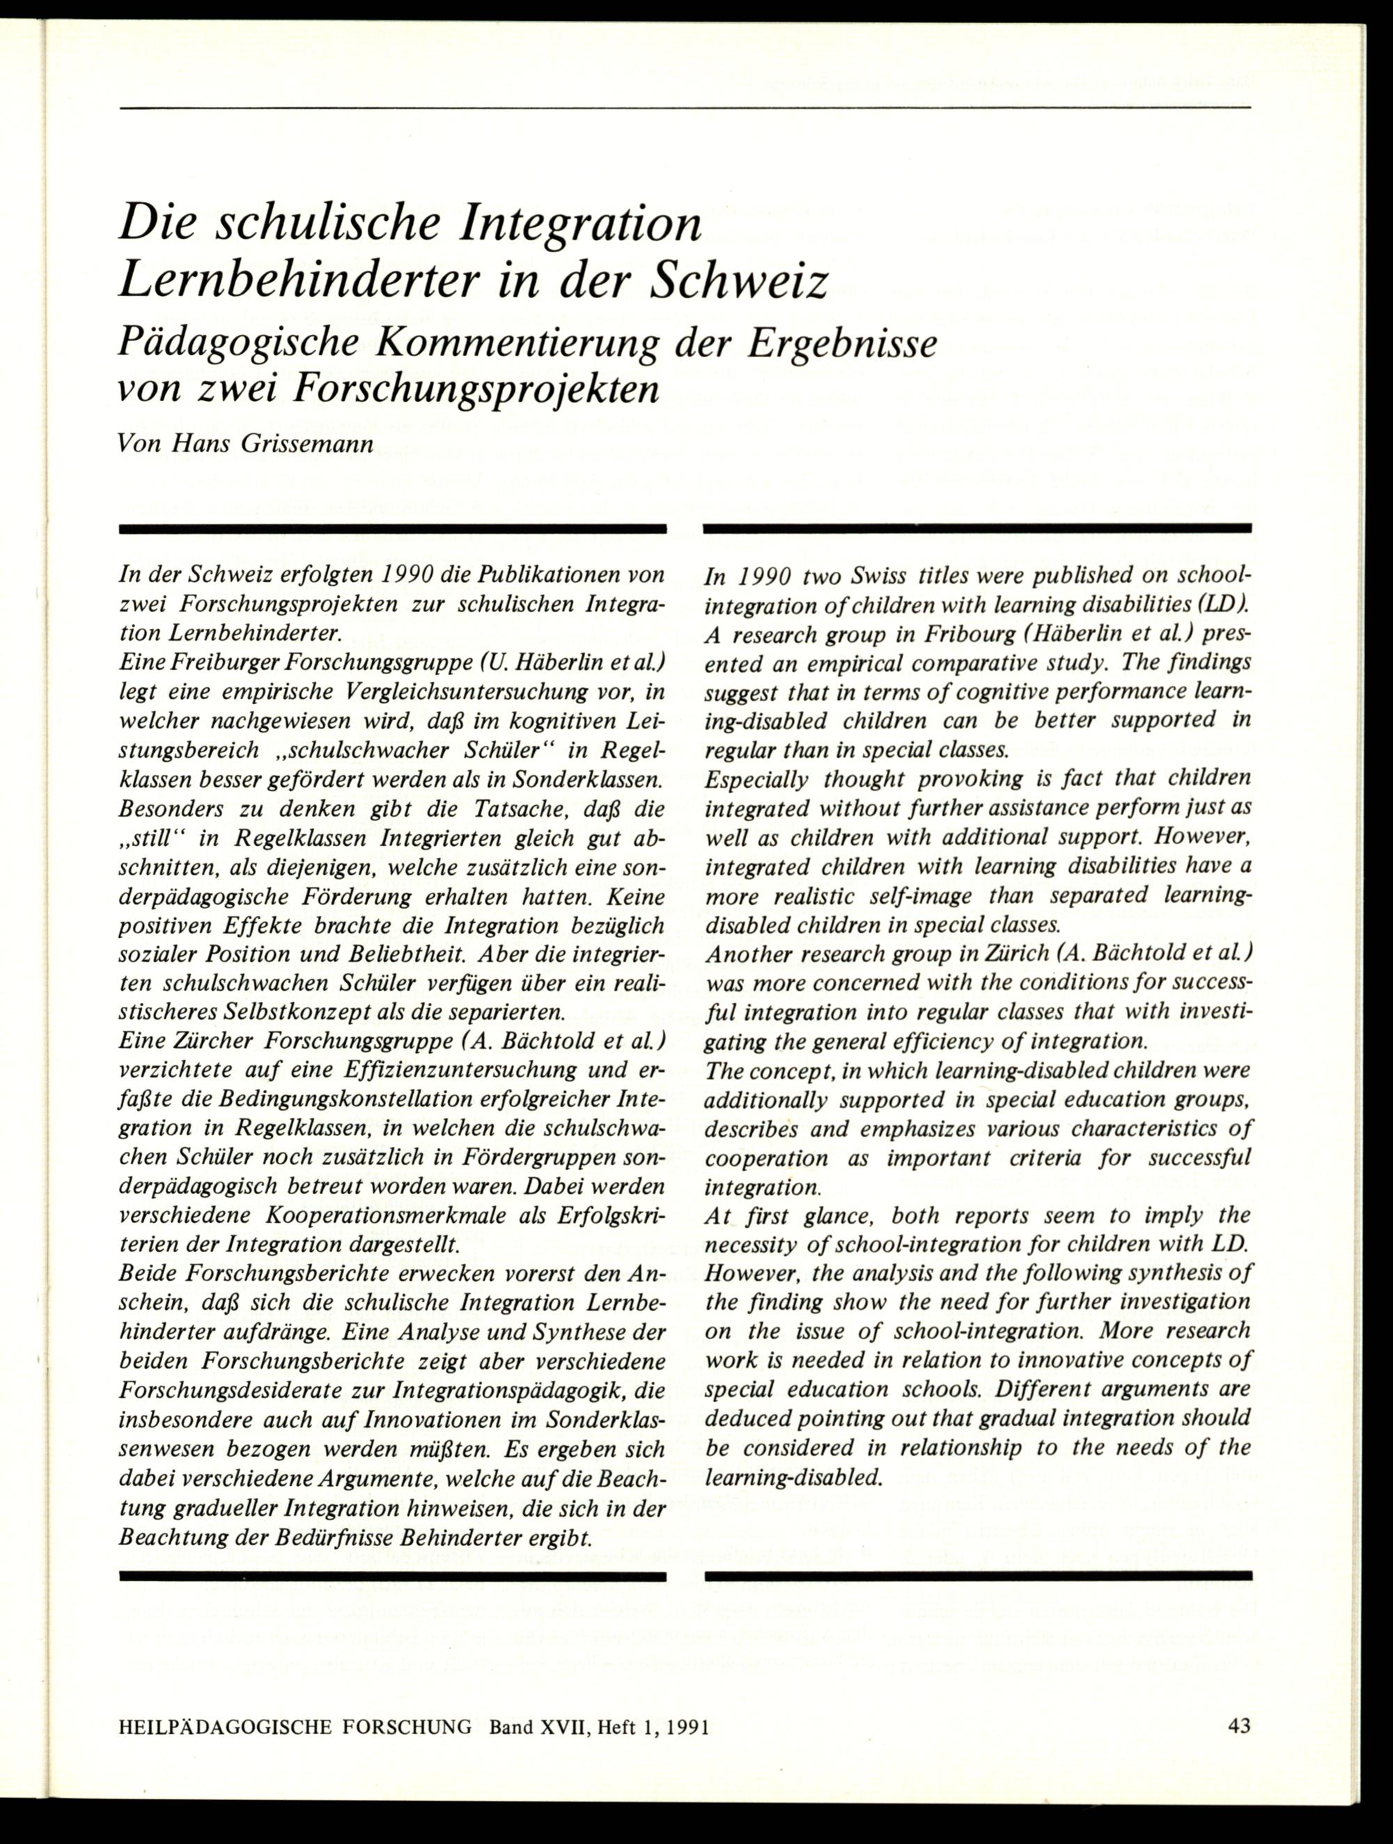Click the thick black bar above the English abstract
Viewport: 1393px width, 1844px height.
977,528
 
